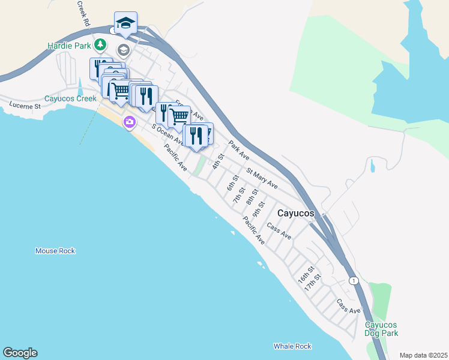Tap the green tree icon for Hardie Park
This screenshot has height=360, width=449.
[x=100, y=45]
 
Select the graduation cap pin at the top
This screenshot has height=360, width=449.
[x=125, y=23]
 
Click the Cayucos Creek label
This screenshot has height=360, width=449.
[x=70, y=99]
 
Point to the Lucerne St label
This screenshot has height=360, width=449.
[x=24, y=106]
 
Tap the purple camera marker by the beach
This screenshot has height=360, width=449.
[x=129, y=123]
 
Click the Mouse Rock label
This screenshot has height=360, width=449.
[x=55, y=251]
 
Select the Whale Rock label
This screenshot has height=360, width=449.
[x=292, y=346]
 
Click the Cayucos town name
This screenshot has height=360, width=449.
[x=297, y=213]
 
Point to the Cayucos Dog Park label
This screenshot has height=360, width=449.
[x=381, y=329]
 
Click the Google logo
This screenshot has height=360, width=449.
[x=20, y=353]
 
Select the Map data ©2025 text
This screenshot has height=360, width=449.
[x=423, y=355]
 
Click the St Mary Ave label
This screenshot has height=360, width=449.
[x=262, y=179]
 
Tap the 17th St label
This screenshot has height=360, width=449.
[x=313, y=283]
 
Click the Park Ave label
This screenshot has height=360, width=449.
[x=239, y=150]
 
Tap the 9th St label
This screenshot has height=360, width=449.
[x=259, y=209]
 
